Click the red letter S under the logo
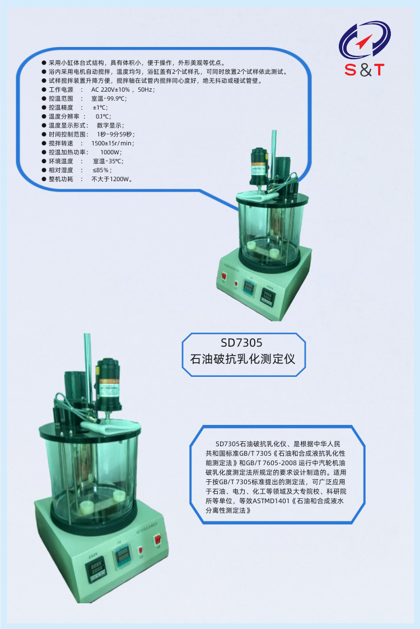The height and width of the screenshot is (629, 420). click(x=351, y=70)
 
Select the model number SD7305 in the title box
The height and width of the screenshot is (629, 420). click(x=241, y=343)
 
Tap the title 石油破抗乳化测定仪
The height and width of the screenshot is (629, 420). click(x=242, y=358)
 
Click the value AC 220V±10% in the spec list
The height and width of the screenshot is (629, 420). click(x=110, y=89)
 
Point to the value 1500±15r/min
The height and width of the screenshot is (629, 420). click(x=113, y=143)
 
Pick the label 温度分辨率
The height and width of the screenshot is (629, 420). click(x=64, y=116)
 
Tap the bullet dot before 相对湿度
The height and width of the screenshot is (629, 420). click(x=44, y=170)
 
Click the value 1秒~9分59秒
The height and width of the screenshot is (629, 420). click(x=116, y=134)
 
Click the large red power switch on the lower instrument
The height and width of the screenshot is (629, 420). click(x=158, y=540)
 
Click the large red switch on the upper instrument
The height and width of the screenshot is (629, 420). click(x=223, y=276)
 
